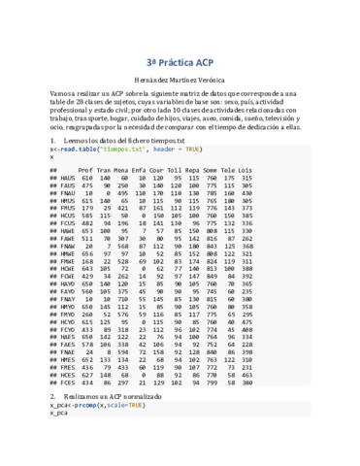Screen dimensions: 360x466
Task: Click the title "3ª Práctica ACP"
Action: tap(180, 59)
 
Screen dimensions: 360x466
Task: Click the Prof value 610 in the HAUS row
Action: tap(86, 179)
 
